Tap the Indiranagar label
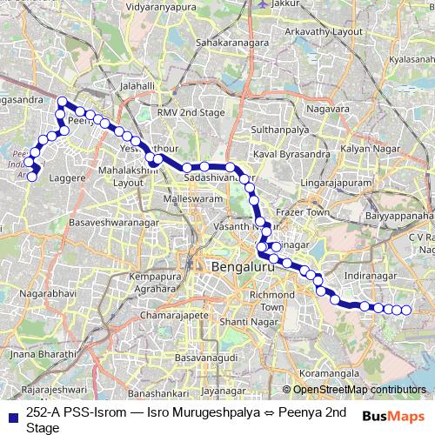coord(371,274)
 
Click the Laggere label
coord(69,176)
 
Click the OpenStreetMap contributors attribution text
coord(358,389)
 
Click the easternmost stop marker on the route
coord(405,310)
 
